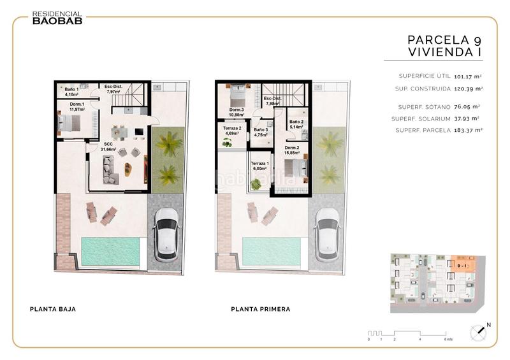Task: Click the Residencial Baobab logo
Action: coord(57,17)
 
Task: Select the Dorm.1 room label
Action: coord(78,106)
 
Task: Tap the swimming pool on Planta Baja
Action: coord(110,250)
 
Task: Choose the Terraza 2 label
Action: coord(231,131)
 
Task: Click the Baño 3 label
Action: coord(261,132)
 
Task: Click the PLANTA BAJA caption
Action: coord(53,309)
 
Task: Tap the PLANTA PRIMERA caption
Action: coord(261,309)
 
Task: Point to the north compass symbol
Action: coord(479,332)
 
